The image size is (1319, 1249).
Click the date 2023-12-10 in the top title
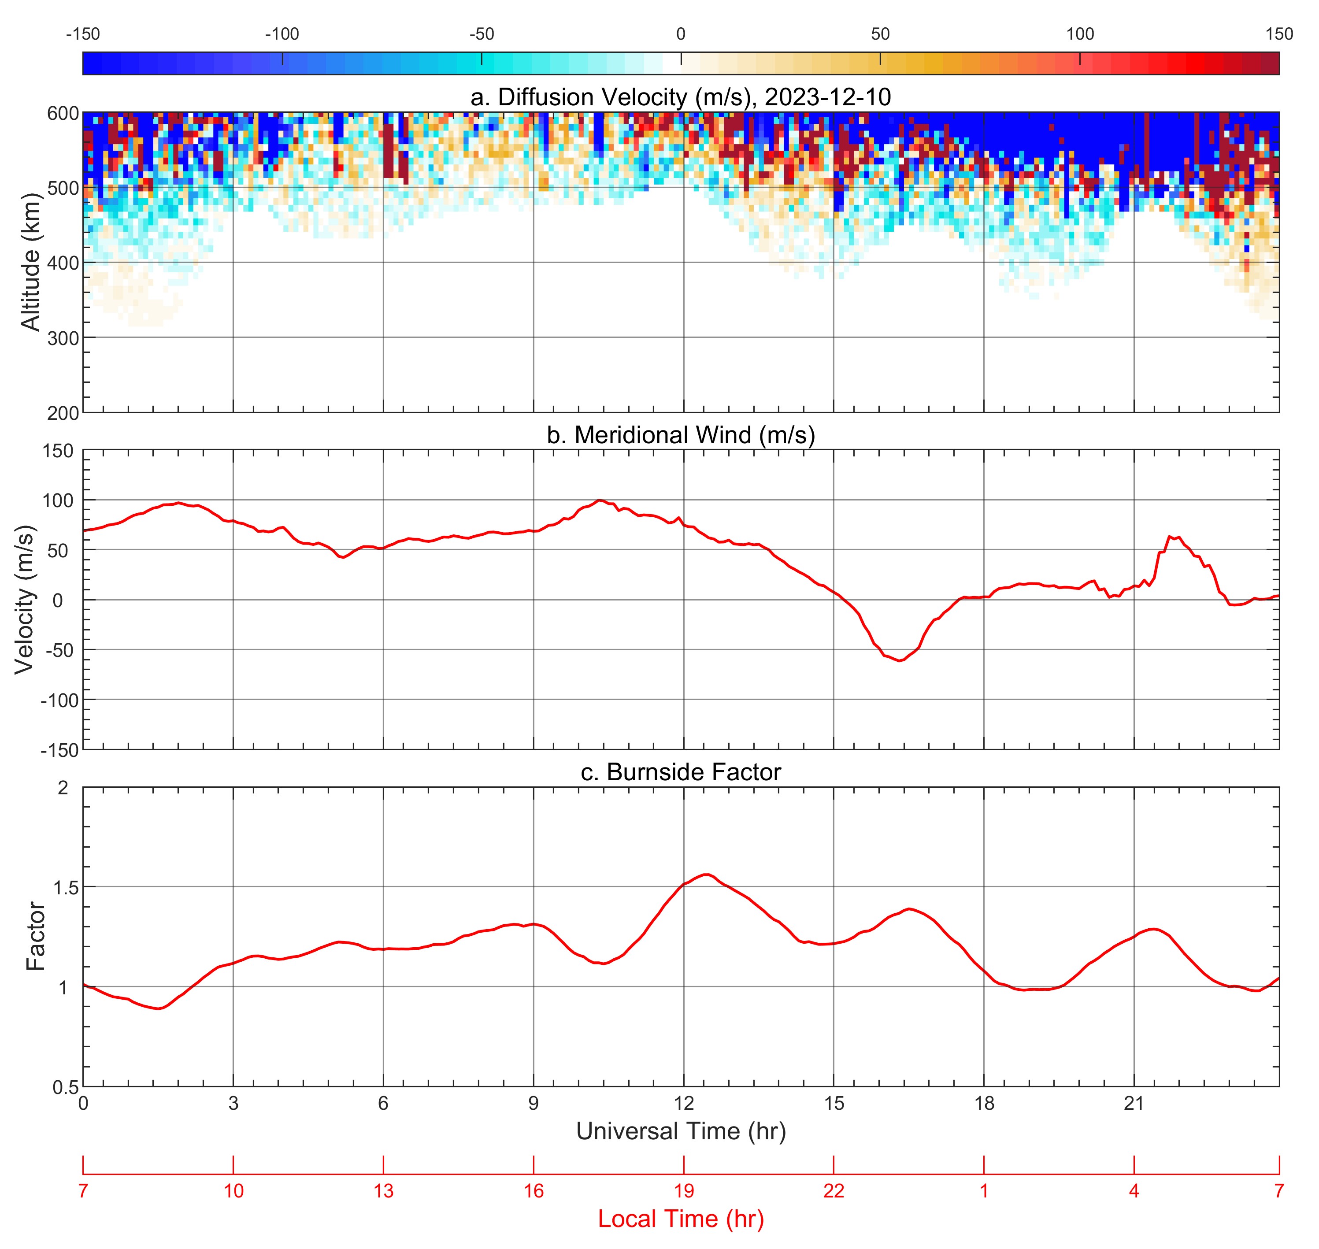pos(828,97)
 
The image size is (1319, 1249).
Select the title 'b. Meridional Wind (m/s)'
pos(681,435)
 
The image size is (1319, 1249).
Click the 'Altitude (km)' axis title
pos(31,262)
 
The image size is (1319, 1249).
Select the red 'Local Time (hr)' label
pos(681,1218)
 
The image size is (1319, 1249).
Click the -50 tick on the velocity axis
pos(59,650)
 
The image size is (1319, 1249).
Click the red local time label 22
pos(834,1190)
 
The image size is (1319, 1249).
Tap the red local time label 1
pos(984,1190)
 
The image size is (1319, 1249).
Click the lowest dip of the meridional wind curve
pos(900,660)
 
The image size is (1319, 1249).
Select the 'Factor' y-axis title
pos(36,937)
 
